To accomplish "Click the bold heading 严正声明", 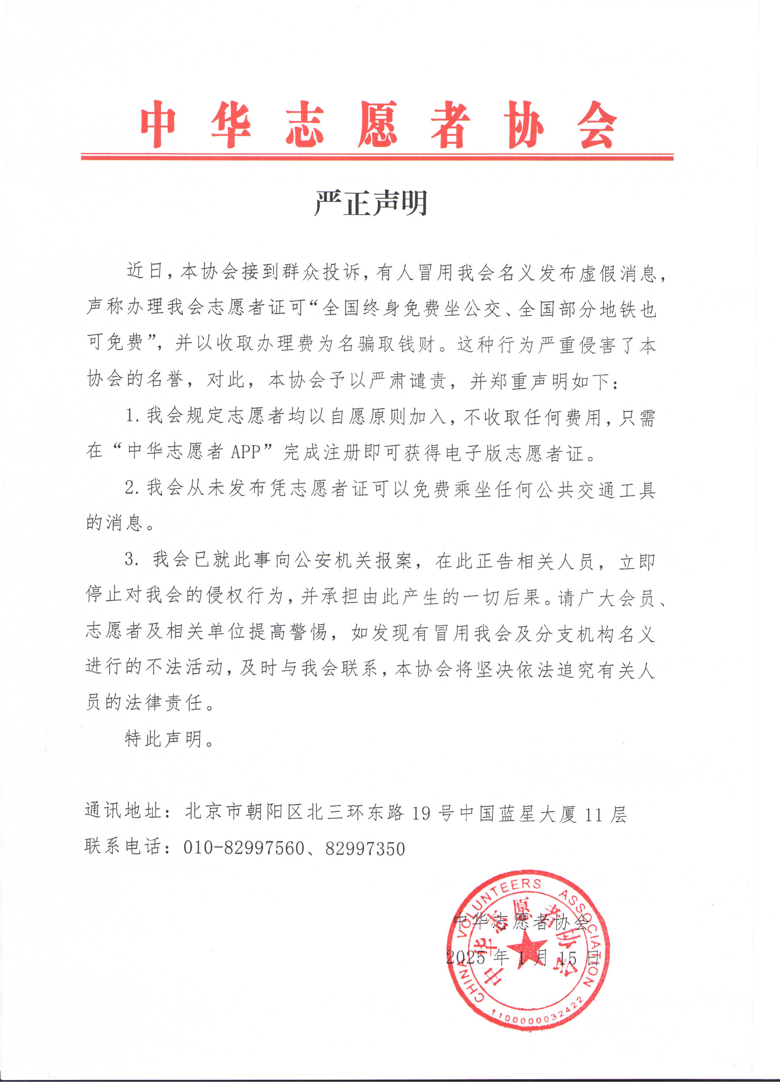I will click(371, 203).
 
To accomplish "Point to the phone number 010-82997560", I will click(244, 848).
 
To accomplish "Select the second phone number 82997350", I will click(365, 848).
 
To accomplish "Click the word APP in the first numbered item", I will click(245, 451).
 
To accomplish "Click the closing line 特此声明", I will click(168, 739).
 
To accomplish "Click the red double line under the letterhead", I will click(377, 156).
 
